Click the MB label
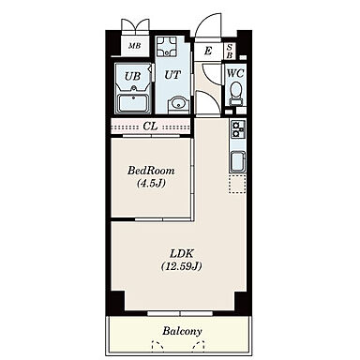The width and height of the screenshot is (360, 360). pyautogui.click(x=135, y=46)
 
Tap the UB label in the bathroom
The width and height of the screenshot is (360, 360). pyautogui.click(x=132, y=76)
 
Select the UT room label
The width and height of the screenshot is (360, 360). pyautogui.click(x=172, y=75)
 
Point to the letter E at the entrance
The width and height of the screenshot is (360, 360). pyautogui.click(x=208, y=51)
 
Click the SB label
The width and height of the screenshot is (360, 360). pyautogui.click(x=230, y=52)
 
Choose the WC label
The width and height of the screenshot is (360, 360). pyautogui.click(x=235, y=74)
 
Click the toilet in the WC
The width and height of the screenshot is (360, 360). pyautogui.click(x=235, y=93)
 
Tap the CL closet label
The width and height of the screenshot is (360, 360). pyautogui.click(x=150, y=127)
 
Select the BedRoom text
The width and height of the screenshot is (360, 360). pyautogui.click(x=151, y=171)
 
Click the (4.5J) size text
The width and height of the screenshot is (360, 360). pyautogui.click(x=151, y=183)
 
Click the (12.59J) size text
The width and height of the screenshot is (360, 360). pyautogui.click(x=182, y=266)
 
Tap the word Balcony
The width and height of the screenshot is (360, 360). pyautogui.click(x=182, y=331)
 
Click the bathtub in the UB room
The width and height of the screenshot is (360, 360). pyautogui.click(x=133, y=103)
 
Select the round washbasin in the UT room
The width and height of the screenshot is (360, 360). pyautogui.click(x=177, y=103)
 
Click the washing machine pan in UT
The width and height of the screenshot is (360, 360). pyautogui.click(x=167, y=46)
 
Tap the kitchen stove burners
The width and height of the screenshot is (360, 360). pyautogui.click(x=238, y=129)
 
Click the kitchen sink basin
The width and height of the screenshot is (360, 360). pyautogui.click(x=238, y=161)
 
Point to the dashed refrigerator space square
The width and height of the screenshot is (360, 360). pyautogui.click(x=237, y=185)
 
